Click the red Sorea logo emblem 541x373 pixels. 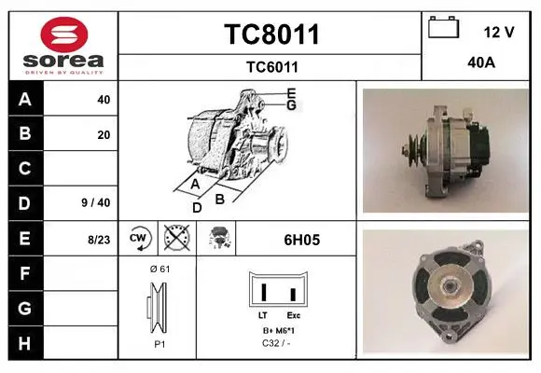click(64, 35)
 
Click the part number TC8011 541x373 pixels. click(271, 35)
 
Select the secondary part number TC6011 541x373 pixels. click(271, 67)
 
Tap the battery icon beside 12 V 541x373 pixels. click(444, 27)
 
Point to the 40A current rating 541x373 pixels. click(481, 62)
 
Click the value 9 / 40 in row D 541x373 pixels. click(96, 202)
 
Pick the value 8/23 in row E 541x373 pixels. click(99, 240)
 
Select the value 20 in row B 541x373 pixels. click(104, 135)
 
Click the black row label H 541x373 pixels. click(26, 343)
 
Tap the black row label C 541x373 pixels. click(26, 169)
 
